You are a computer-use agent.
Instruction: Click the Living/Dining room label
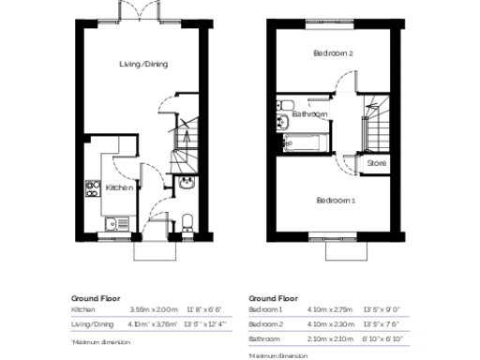tap(143, 64)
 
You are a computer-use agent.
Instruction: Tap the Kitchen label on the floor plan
tap(117, 187)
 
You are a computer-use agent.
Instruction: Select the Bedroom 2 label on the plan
tap(333, 54)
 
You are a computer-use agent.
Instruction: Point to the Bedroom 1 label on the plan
tap(335, 201)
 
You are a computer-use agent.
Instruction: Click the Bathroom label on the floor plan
tap(309, 114)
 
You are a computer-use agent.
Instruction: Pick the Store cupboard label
tap(376, 163)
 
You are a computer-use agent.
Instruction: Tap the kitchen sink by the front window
tap(112, 223)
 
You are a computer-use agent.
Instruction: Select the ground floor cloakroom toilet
tap(187, 221)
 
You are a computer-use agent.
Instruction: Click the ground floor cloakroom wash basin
tap(187, 182)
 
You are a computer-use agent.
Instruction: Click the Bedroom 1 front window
tap(334, 234)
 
